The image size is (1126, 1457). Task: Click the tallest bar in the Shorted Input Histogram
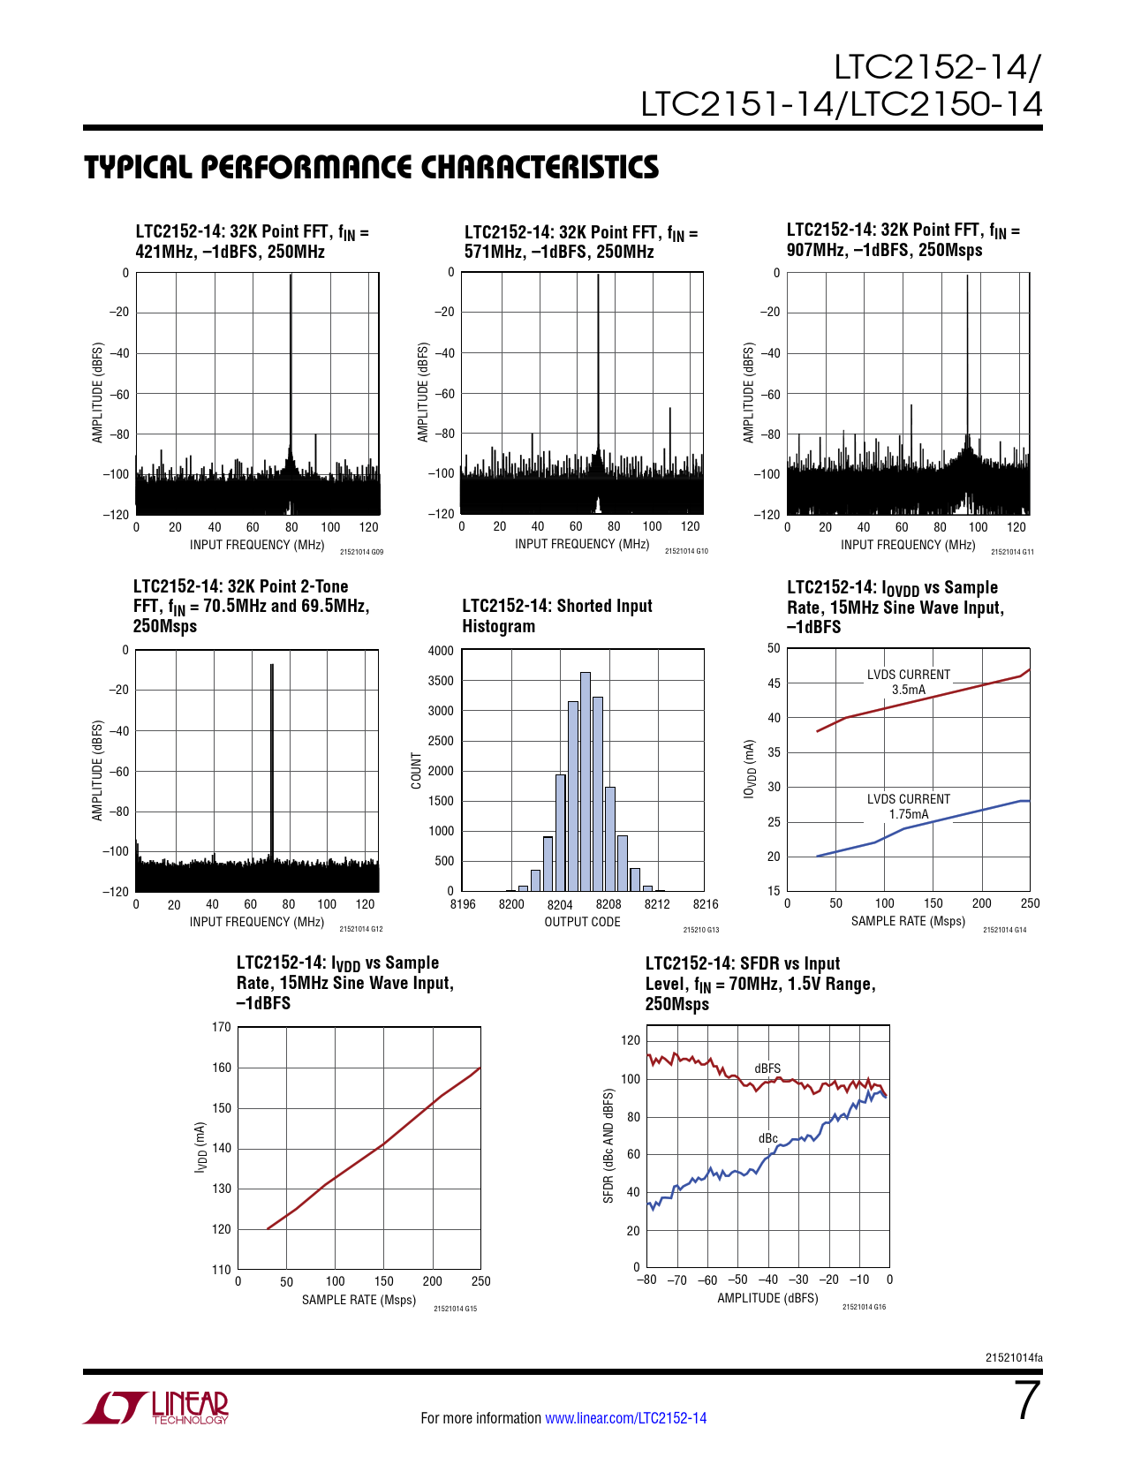point(586,781)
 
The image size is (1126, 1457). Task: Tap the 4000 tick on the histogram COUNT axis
point(441,651)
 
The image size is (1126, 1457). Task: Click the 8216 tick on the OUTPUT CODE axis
point(706,904)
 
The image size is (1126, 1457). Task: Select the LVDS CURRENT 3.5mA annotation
point(908,682)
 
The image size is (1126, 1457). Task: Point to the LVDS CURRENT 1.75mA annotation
point(908,806)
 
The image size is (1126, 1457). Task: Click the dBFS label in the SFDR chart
point(767,1068)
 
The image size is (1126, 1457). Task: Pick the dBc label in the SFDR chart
point(768,1138)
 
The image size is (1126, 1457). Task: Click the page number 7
point(1027,1400)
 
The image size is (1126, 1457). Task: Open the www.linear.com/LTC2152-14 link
point(625,1418)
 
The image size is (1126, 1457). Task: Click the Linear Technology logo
point(156,1408)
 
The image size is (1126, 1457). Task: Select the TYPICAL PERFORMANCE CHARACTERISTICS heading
point(371,167)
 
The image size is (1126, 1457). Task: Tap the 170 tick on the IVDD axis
point(221,1027)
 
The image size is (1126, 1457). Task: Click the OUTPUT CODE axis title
point(582,922)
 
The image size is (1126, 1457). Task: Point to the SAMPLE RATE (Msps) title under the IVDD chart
point(359,1300)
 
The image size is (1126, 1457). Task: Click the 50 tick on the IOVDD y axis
point(774,648)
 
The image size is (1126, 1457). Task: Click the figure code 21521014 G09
point(361,552)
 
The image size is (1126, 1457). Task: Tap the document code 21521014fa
point(1013,1357)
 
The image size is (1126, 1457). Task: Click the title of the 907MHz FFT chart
point(903,240)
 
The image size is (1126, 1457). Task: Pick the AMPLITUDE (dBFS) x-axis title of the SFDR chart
point(767,1298)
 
